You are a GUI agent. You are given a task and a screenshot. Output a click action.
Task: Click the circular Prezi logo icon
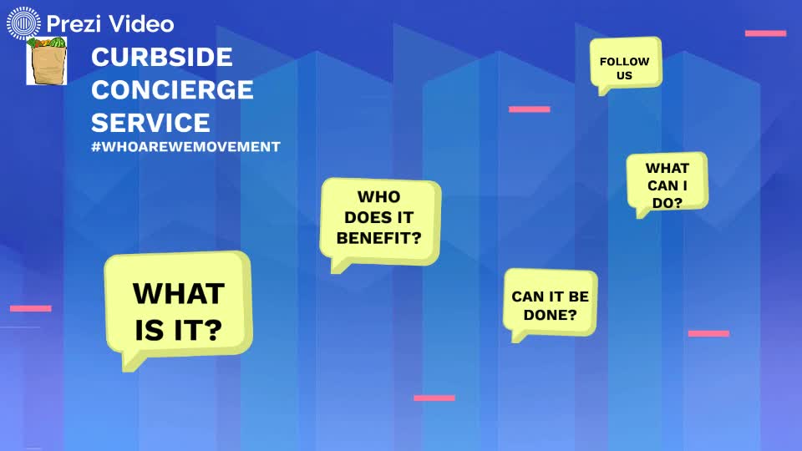[23, 23]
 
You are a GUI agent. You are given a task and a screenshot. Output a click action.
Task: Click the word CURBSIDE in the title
[162, 58]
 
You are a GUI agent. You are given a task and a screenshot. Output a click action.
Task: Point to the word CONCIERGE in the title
[172, 89]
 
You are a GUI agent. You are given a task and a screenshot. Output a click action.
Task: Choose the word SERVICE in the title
[150, 123]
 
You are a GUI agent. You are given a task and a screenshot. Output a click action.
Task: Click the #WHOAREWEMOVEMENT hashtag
[185, 146]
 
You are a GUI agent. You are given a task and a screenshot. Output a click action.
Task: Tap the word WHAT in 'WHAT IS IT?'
[179, 294]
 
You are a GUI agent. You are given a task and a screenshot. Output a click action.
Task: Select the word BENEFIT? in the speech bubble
[378, 236]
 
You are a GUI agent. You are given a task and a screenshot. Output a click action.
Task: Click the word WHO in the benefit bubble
[378, 197]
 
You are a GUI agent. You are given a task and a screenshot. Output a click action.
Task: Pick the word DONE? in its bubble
[550, 315]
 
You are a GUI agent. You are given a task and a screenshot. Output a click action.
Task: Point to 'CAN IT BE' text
[550, 296]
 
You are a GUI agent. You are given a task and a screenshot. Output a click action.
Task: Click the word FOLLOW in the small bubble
[624, 61]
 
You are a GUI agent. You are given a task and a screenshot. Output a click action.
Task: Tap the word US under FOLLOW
[624, 75]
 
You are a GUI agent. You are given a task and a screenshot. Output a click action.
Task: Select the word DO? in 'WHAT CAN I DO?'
[667, 201]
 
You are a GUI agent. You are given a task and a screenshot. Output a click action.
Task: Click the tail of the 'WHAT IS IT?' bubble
[129, 361]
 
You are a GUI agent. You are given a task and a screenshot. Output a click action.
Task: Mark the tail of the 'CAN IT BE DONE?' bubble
[518, 337]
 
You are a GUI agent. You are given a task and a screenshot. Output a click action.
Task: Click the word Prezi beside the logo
[70, 24]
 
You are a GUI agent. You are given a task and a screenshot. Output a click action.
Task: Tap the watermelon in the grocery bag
[56, 43]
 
